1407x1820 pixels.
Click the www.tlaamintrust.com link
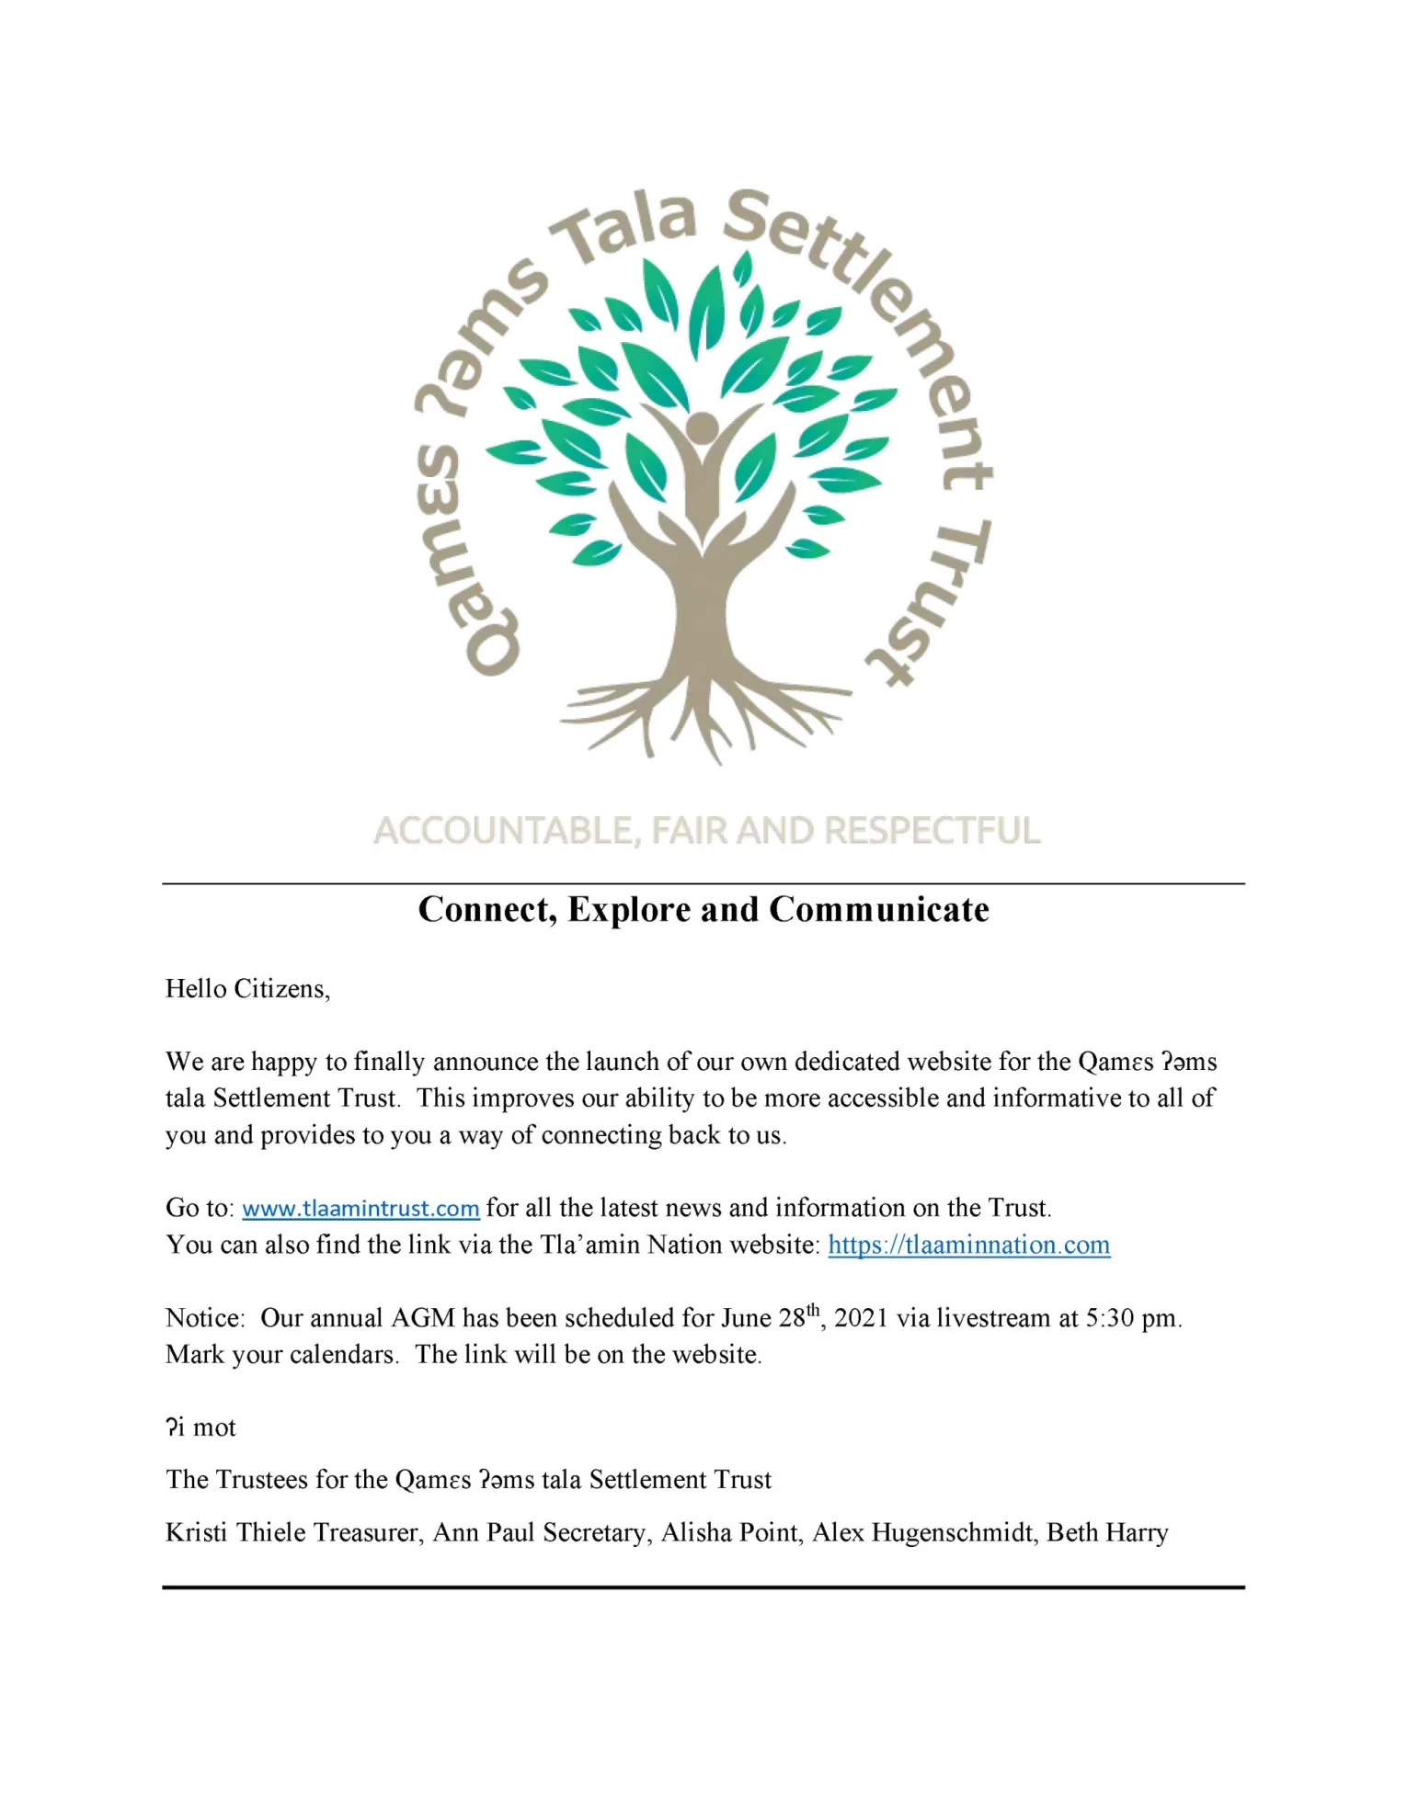[360, 1208]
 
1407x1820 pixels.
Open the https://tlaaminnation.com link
[968, 1245]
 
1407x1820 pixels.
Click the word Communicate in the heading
[879, 910]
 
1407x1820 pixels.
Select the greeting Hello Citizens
[246, 989]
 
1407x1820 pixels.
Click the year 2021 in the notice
[861, 1318]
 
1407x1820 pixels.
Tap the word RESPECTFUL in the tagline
[932, 831]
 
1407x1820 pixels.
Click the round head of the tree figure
[703, 427]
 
